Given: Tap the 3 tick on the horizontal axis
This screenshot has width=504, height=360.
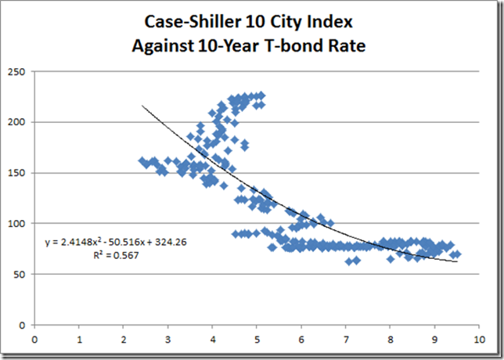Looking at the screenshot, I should click(x=168, y=340).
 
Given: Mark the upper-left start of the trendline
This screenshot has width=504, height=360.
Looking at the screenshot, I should click(x=142, y=106).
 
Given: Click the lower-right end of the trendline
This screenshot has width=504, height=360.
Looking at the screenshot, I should click(x=458, y=261).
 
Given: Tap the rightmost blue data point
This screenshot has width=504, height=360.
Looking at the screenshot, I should click(x=457, y=254).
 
